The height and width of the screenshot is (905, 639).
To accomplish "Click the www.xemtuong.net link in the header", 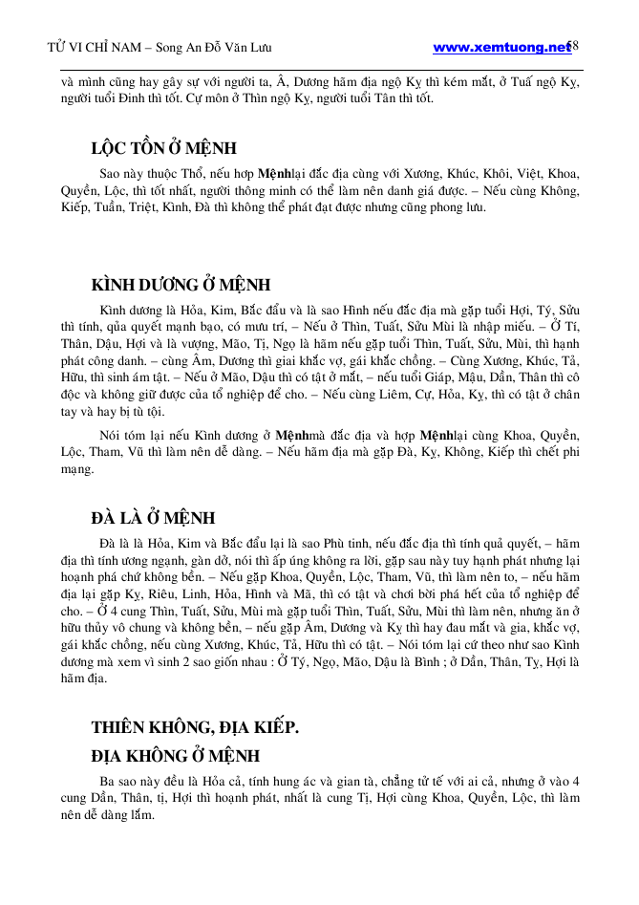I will coord(501,48).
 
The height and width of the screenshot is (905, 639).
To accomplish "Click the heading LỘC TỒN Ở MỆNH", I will coord(163,149).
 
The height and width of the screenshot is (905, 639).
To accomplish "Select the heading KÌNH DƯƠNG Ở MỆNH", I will coord(181,285).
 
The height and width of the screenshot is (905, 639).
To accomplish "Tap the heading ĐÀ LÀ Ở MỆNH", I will coord(153,518).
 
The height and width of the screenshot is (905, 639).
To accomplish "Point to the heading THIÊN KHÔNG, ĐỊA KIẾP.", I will coord(195,727).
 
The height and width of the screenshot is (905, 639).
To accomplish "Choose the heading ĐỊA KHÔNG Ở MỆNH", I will coord(175,756).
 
